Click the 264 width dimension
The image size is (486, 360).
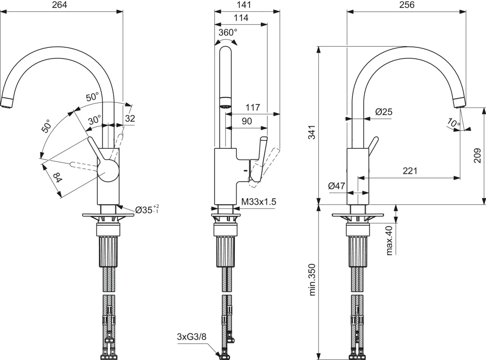60,5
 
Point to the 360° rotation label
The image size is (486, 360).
228,33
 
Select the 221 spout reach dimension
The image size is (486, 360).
410,171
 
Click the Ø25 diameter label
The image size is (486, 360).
384,112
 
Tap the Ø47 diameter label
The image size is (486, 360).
337,186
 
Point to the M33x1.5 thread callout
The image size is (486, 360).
259,201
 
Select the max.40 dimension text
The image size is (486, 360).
390,240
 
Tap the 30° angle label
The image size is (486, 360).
95,120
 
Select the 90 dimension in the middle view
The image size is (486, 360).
247,121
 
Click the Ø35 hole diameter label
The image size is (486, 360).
147,210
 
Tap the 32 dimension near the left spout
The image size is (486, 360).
130,118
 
